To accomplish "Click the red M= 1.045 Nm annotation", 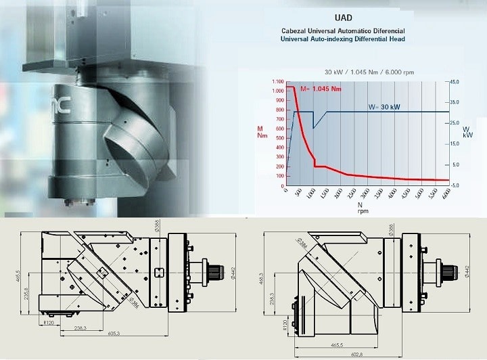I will click(320, 89).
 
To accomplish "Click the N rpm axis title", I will click(361, 207).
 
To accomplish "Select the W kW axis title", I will click(467, 131).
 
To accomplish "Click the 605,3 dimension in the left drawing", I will click(113, 334).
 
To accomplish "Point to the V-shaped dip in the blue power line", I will click(313, 127).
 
